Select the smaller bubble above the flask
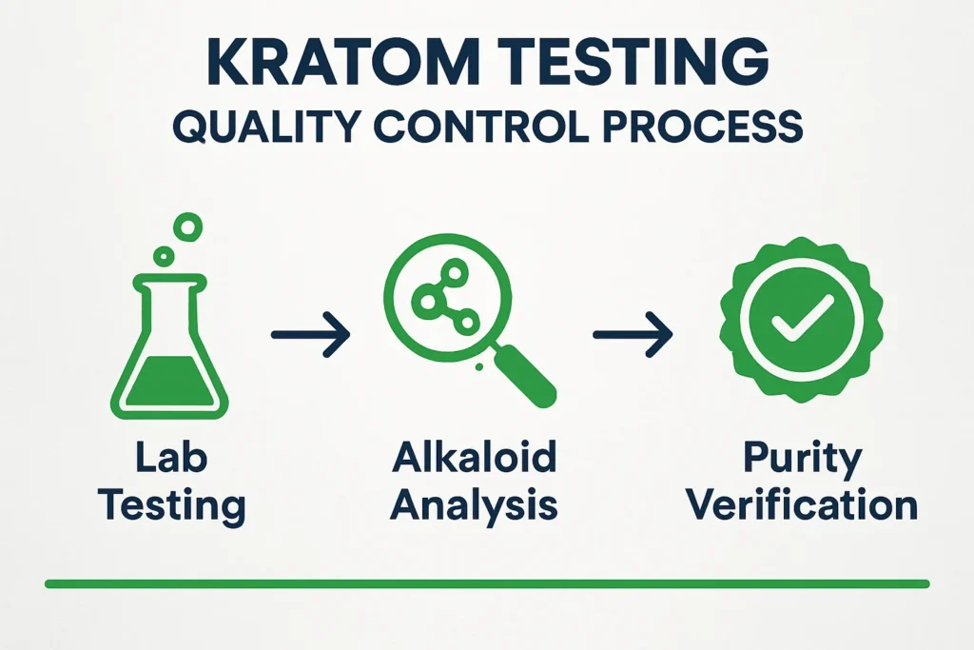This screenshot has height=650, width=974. tap(164, 255)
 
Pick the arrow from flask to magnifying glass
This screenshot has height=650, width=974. tap(310, 335)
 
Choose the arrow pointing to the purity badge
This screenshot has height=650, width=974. tap(631, 335)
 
